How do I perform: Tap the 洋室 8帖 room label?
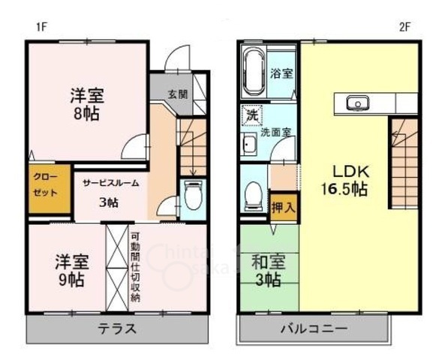tap(87, 104)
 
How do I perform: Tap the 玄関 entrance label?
tap(177, 94)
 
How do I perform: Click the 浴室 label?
tap(281, 73)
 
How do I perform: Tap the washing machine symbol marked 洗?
tap(253, 116)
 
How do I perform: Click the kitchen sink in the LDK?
tap(356, 102)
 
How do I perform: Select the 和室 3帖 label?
tap(266, 271)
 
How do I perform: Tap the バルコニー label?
tap(314, 329)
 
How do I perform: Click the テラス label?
tap(116, 328)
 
